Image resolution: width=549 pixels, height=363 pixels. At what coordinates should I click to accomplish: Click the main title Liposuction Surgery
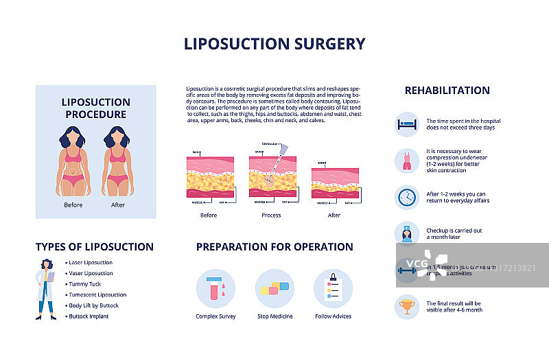point(274,44)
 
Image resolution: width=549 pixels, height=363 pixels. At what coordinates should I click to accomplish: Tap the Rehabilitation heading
point(447,90)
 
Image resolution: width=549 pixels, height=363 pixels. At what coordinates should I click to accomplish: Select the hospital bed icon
point(407,124)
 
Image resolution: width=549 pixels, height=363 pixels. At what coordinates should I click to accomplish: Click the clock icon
point(407,198)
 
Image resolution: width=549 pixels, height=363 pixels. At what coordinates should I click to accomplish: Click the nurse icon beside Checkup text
point(407,234)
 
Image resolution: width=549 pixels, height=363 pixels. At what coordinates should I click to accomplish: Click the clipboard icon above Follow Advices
point(333,288)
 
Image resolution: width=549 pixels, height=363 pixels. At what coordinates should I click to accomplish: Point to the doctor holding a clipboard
point(46,290)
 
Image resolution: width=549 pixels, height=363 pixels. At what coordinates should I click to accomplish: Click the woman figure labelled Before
point(73,163)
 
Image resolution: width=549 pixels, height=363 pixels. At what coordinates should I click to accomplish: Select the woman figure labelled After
point(118,163)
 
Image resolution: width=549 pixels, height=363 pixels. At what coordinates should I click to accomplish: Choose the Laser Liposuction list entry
point(91,263)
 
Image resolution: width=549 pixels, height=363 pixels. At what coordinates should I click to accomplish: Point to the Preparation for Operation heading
point(274,247)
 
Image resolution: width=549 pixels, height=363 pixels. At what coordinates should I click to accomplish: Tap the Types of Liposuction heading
point(95,247)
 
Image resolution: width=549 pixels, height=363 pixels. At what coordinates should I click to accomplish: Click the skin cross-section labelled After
point(335,185)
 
